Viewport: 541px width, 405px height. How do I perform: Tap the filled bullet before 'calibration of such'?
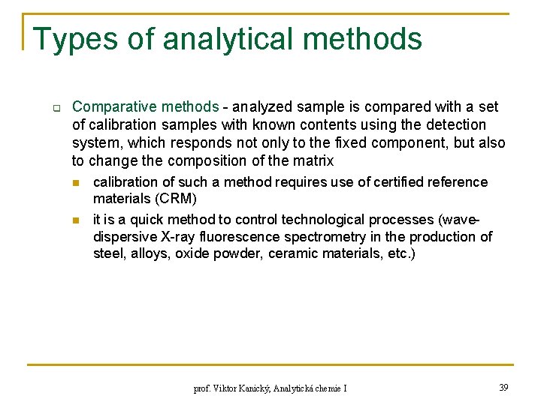[75, 183]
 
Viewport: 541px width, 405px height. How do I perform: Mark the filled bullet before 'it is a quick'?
[75, 220]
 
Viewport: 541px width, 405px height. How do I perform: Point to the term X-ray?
[174, 237]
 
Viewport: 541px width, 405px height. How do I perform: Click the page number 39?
[503, 387]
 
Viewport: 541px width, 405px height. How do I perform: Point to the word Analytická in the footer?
[298, 388]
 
